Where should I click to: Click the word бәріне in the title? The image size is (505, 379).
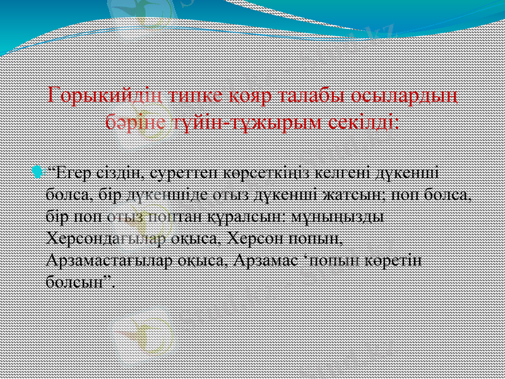pyautogui.click(x=136, y=120)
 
